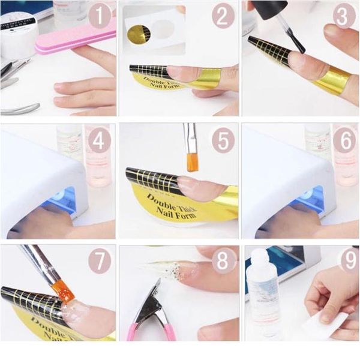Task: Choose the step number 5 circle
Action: click(223, 140)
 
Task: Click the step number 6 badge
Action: click(344, 140)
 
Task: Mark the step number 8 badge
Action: click(223, 262)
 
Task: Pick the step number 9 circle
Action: click(344, 262)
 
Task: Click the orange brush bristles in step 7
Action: click(62, 290)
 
